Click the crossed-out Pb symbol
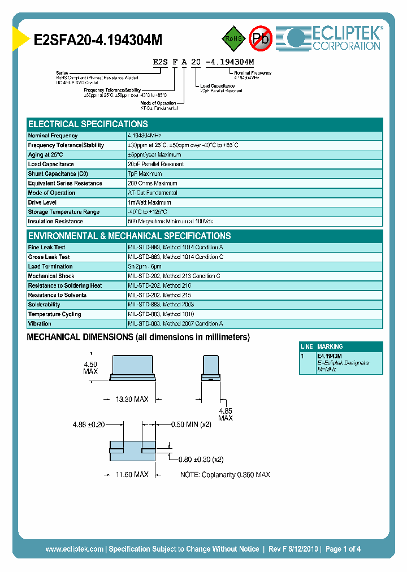[261, 38]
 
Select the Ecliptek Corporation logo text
[347, 38]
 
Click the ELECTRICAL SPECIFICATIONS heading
[88, 124]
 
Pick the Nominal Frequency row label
[53, 136]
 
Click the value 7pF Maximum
[145, 174]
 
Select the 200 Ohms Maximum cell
[153, 184]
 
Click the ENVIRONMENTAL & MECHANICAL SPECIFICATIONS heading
[129, 236]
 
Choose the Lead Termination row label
[50, 267]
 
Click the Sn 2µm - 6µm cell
[145, 267]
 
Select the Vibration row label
[40, 324]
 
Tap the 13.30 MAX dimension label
[132, 400]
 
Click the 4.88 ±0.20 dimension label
[89, 424]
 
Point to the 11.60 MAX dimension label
[132, 475]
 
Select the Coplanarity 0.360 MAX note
[225, 475]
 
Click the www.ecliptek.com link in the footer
[74, 549]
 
